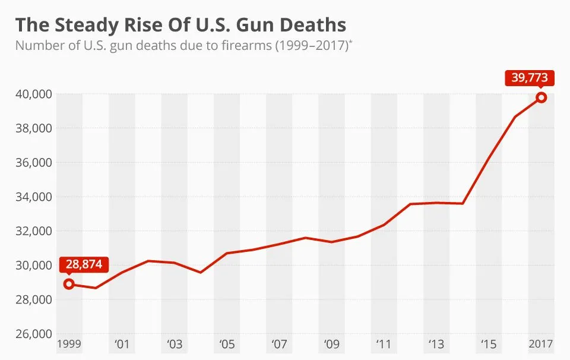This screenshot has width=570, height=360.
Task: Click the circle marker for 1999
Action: [69, 284]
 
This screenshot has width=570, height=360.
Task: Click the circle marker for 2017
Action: [541, 97]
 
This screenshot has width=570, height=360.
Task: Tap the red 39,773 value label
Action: [530, 78]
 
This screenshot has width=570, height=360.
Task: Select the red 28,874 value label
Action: [84, 265]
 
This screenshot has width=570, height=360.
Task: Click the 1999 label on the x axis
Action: [69, 344]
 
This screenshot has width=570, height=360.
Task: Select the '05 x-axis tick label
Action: [227, 344]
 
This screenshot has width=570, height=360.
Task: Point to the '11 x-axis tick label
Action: [384, 344]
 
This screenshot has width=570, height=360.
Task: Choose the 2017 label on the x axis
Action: [540, 344]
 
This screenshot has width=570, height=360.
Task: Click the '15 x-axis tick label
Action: [489, 344]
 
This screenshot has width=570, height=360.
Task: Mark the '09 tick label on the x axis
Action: [331, 344]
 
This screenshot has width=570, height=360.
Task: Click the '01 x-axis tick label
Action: [122, 344]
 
